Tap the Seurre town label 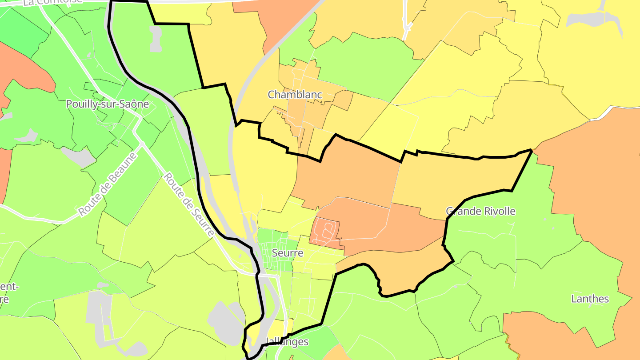tap(287, 253)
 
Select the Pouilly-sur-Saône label tap(107, 104)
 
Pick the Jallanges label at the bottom tap(287, 342)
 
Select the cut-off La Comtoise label tap(52, 2)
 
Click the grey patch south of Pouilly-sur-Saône tap(78, 156)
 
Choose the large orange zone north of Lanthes tap(591, 178)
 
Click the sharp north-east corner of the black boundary tap(532, 151)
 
